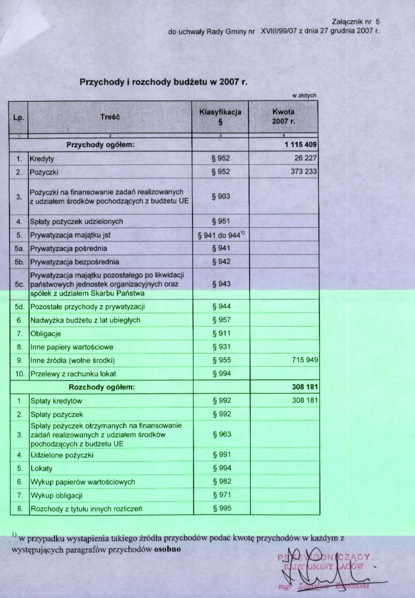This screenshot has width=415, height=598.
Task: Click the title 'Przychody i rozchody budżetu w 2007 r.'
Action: pyautogui.click(x=163, y=82)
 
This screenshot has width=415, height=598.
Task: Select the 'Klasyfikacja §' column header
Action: pyautogui.click(x=220, y=117)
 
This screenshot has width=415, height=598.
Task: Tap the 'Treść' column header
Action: pyautogui.click(x=110, y=117)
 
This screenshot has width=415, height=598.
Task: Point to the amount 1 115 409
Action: pyautogui.click(x=301, y=145)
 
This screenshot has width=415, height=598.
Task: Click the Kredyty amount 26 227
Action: pyautogui.click(x=305, y=158)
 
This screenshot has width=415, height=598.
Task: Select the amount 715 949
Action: pyautogui.click(x=305, y=360)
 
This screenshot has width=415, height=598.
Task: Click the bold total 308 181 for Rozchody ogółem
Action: pyautogui.click(x=305, y=387)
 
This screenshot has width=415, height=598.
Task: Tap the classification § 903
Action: pyautogui.click(x=221, y=196)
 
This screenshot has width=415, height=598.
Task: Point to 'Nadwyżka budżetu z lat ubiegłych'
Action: pyautogui.click(x=85, y=320)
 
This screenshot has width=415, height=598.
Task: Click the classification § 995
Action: pyautogui.click(x=222, y=508)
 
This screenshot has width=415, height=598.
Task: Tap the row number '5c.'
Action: pyautogui.click(x=20, y=284)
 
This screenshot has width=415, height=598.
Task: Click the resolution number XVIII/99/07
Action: pyautogui.click(x=279, y=31)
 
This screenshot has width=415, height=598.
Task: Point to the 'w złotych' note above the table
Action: pyautogui.click(x=304, y=95)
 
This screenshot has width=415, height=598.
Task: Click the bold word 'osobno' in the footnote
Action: pyautogui.click(x=167, y=549)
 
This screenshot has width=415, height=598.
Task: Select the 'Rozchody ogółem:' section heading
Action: pyautogui.click(x=102, y=387)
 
